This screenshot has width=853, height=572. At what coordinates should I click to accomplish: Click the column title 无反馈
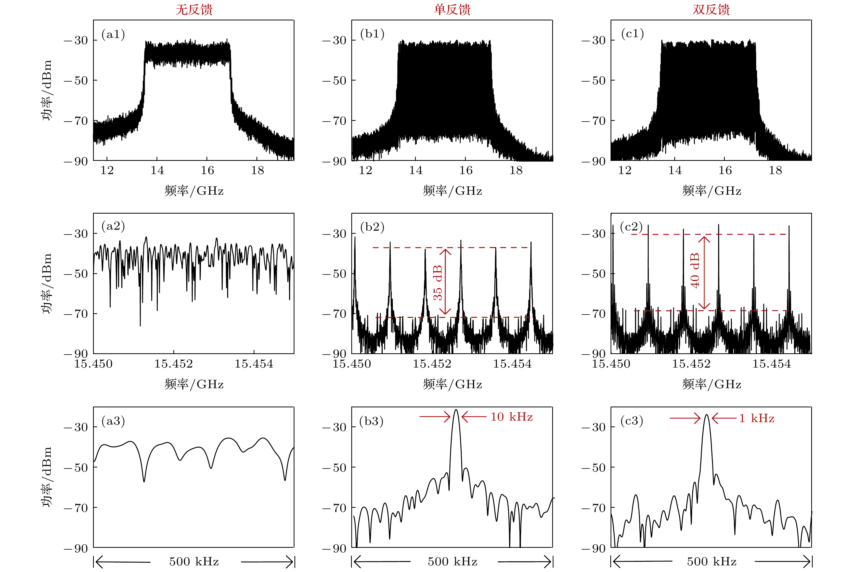pos(194,9)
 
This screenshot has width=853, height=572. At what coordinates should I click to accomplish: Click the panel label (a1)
pos(113,34)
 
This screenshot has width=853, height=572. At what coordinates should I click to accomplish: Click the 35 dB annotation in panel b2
pos(437,283)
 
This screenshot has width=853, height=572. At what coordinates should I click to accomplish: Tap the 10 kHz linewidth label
pos(511,417)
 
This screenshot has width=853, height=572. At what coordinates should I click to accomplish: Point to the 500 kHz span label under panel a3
pos(194,561)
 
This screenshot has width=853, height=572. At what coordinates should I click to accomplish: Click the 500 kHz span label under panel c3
pos(712,561)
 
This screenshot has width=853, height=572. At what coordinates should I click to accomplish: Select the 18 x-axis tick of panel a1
pos(257,170)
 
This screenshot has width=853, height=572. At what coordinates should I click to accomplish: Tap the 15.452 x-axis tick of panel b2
pos(432,364)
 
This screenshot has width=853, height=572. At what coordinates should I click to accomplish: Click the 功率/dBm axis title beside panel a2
pos(47,283)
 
